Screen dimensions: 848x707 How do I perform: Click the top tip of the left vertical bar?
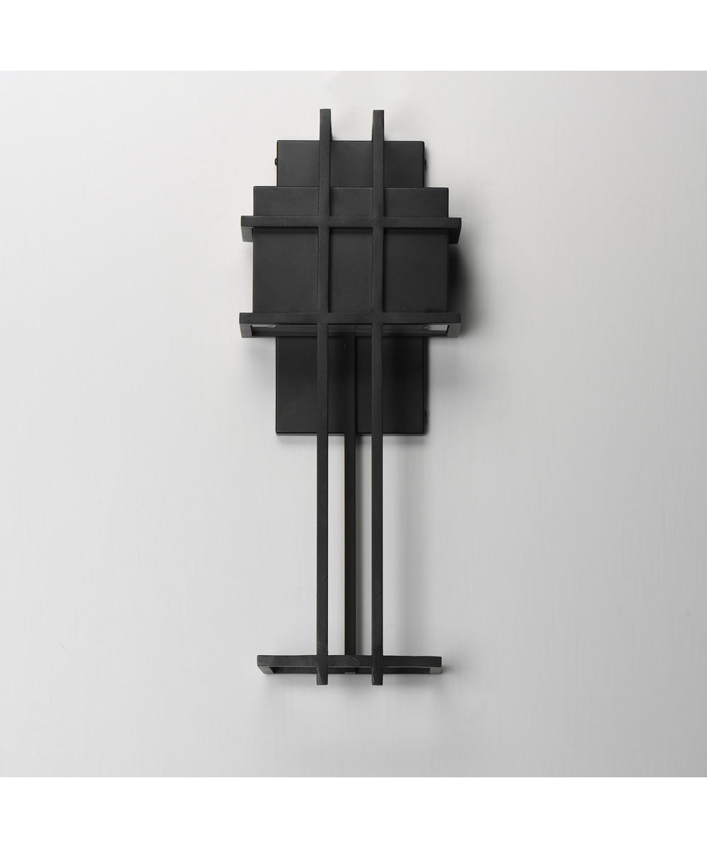tap(325, 112)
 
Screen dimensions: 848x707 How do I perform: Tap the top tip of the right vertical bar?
tap(378, 112)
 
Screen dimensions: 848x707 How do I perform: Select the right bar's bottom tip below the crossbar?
tap(377, 681)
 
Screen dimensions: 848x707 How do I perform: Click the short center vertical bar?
tap(350, 495)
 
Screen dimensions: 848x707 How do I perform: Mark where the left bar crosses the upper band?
tap(324, 221)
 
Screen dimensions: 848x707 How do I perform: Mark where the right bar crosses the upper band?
tap(378, 221)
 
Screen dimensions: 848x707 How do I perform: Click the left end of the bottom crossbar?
tap(261, 663)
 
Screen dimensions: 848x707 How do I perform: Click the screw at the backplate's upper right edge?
tap(426, 160)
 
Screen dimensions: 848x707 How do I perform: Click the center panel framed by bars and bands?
tap(350, 270)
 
